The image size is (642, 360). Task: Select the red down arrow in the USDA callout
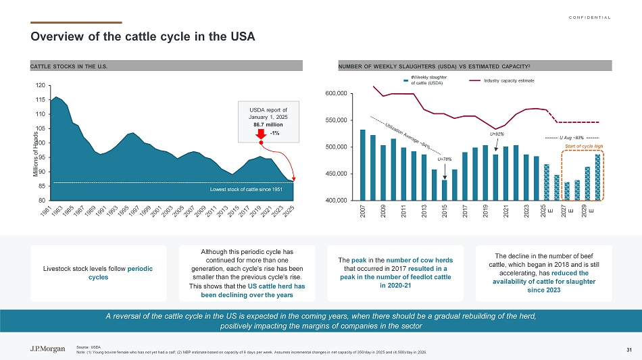tap(260, 133)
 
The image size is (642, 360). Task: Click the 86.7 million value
tap(260, 125)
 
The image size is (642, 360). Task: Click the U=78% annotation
tap(444, 159)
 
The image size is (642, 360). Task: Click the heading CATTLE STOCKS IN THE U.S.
tap(69, 66)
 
